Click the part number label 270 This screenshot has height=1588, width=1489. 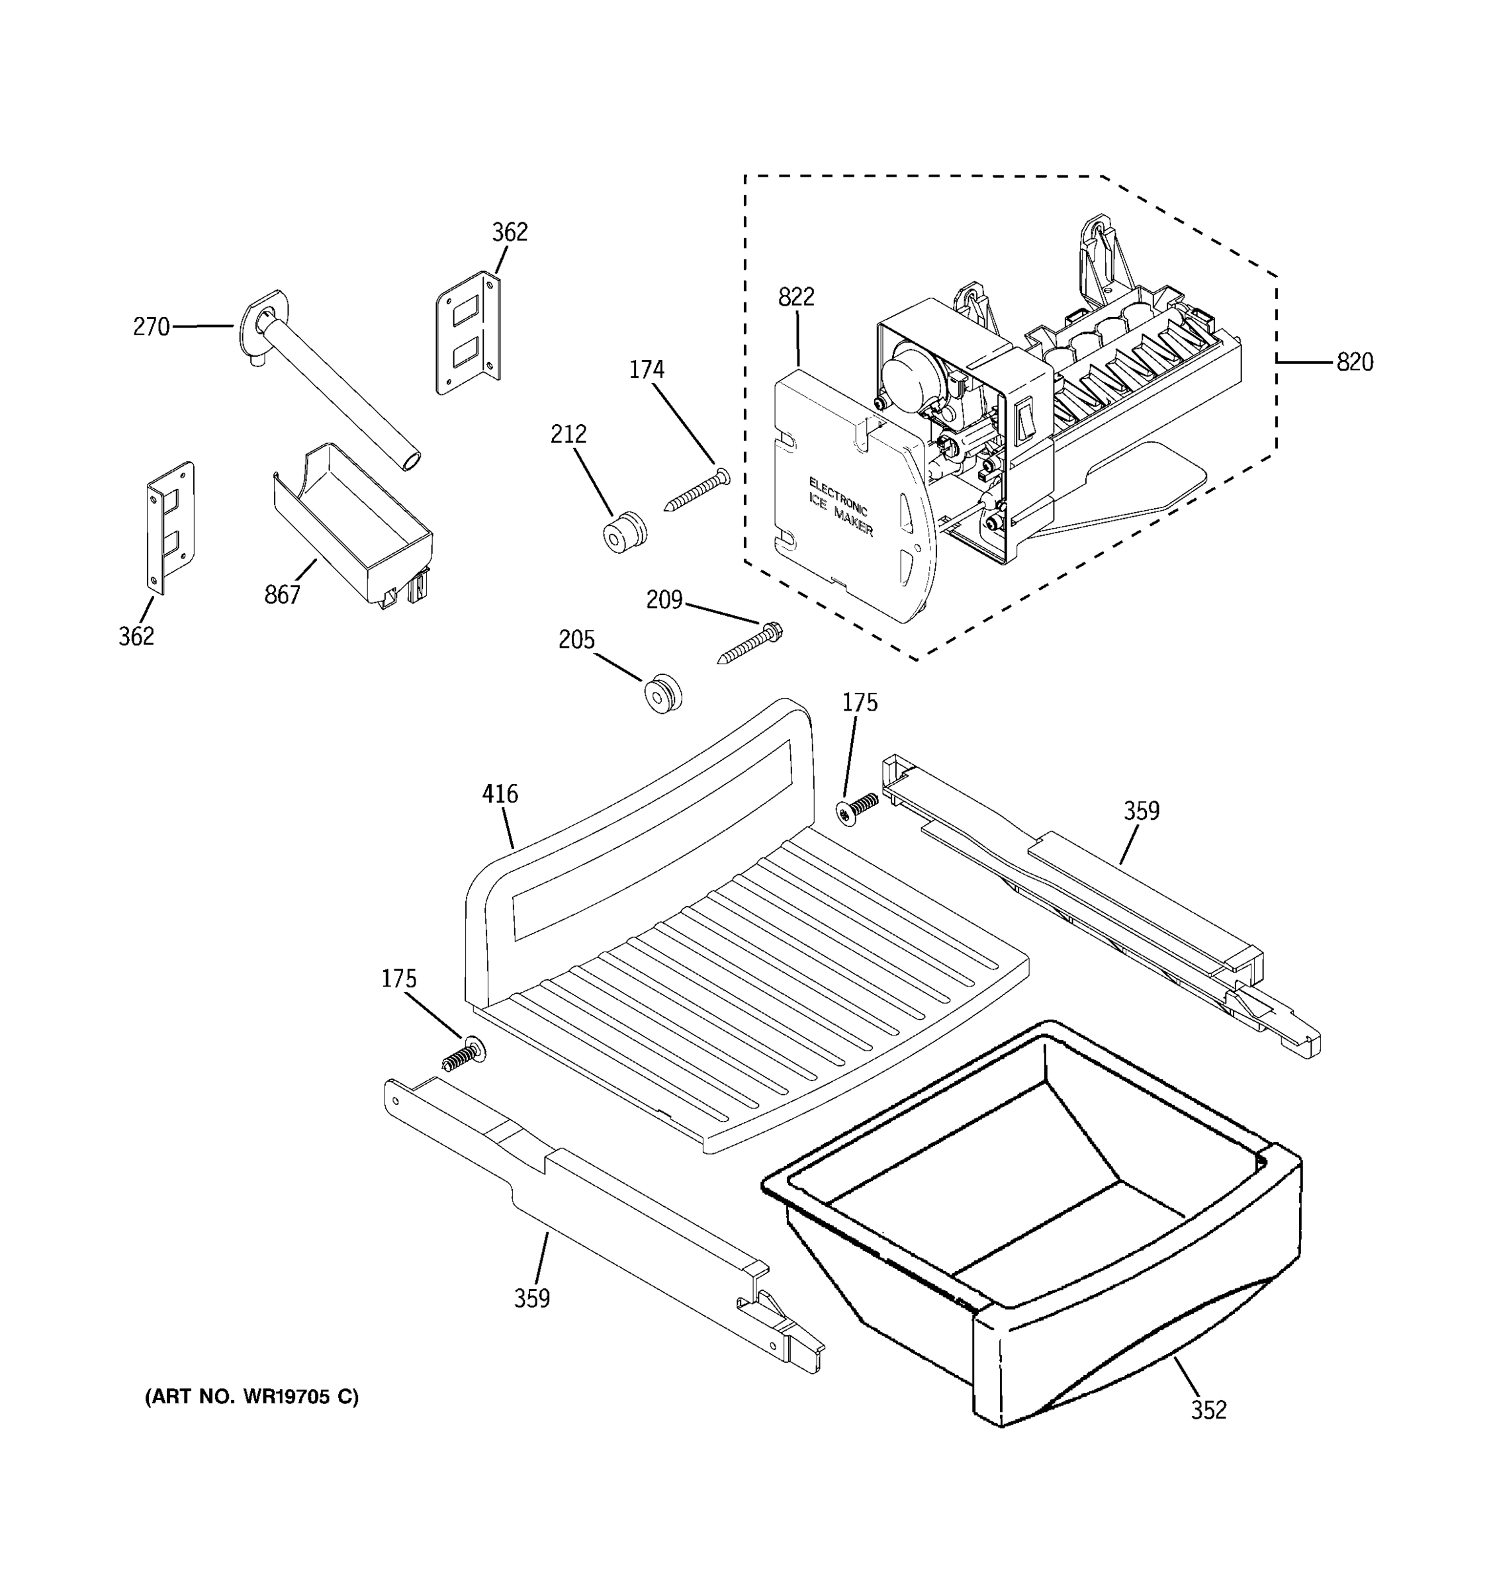pyautogui.click(x=151, y=327)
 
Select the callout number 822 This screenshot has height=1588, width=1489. pyautogui.click(x=795, y=297)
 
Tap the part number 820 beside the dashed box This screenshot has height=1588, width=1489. pyautogui.click(x=1355, y=363)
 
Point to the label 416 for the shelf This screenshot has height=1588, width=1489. pyautogui.click(x=500, y=794)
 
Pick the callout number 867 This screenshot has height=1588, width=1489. pyautogui.click(x=282, y=594)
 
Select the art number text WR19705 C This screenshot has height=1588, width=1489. pyautogui.click(x=251, y=1397)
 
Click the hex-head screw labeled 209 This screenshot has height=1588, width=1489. pyautogui.click(x=751, y=644)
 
